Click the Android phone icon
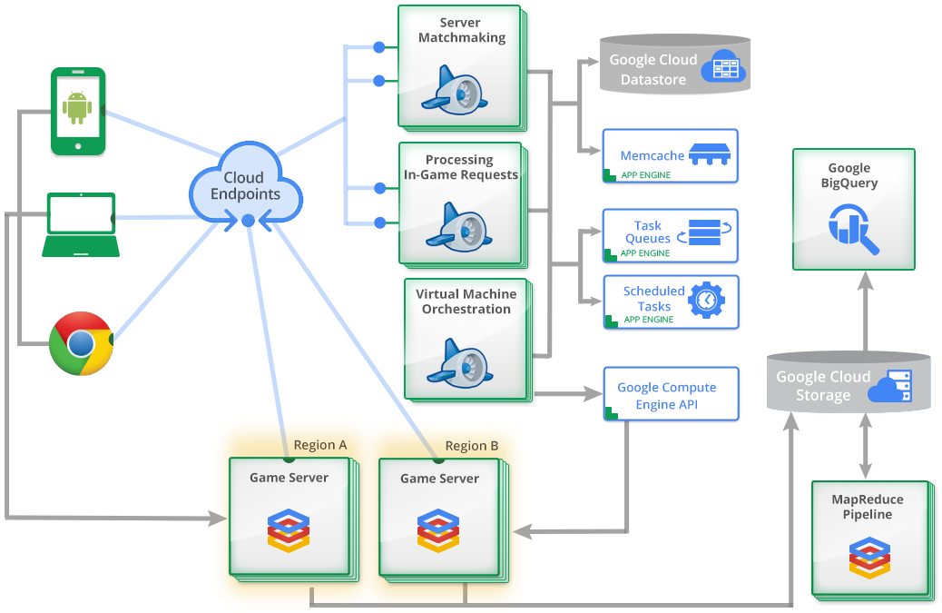[77, 111]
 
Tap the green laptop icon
[81, 224]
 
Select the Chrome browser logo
[81, 343]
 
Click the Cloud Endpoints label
[245, 186]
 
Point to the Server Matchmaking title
[460, 30]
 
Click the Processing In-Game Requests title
[460, 167]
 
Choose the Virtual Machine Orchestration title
[466, 302]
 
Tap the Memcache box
[671, 156]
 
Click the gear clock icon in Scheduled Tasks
[705, 300]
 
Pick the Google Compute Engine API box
[671, 394]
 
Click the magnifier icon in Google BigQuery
[853, 228]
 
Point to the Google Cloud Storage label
[823, 386]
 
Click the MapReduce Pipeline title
[868, 507]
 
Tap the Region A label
[320, 445]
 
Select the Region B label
[472, 446]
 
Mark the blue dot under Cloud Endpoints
[248, 220]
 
